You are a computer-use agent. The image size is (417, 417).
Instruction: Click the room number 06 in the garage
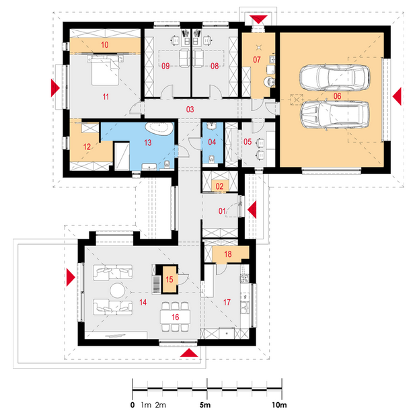pos(337,96)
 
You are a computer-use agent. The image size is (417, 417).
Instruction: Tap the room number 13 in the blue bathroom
pos(148,143)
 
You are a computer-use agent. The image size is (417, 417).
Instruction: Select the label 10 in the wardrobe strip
pos(105,44)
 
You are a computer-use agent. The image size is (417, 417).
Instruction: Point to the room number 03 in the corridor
pos(190,110)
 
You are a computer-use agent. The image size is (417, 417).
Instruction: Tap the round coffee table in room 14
pos(117,291)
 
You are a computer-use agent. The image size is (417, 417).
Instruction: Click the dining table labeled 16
pos(176,317)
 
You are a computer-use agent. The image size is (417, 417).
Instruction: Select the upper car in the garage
pos(334,77)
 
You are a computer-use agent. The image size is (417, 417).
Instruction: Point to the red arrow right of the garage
pos(397,97)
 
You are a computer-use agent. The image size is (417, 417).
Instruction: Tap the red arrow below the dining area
pos(189,353)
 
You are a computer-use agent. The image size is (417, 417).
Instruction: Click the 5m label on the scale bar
pos(205,405)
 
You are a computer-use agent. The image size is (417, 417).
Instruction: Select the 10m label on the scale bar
pos(279,405)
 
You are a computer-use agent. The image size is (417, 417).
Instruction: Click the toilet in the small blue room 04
pos(212,159)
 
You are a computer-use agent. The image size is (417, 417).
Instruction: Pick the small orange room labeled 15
pos(169,279)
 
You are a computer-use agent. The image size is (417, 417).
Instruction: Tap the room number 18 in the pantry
pos(228,254)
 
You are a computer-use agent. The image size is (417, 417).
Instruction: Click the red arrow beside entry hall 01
pos(252,210)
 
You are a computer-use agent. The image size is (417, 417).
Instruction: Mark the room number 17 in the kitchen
pos(227,302)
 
